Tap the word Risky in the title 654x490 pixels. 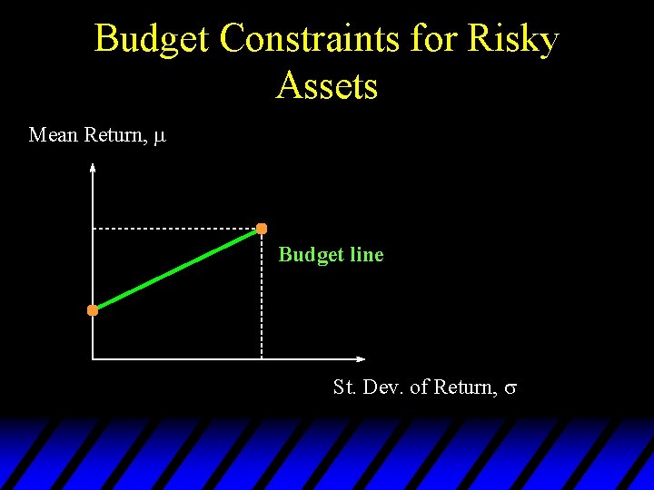512,40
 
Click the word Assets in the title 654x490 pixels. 327,86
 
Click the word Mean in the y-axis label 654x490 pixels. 54,135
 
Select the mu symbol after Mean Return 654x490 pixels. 160,137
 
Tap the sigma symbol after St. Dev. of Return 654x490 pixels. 510,388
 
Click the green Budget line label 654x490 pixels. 331,255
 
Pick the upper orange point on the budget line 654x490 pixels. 262,228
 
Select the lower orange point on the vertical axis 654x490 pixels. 93,310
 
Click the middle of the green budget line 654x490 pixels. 177,269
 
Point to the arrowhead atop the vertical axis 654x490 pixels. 93,166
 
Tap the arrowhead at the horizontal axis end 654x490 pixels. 362,358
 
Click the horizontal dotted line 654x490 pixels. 173,229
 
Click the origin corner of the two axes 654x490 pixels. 93,358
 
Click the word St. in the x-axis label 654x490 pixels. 345,387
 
